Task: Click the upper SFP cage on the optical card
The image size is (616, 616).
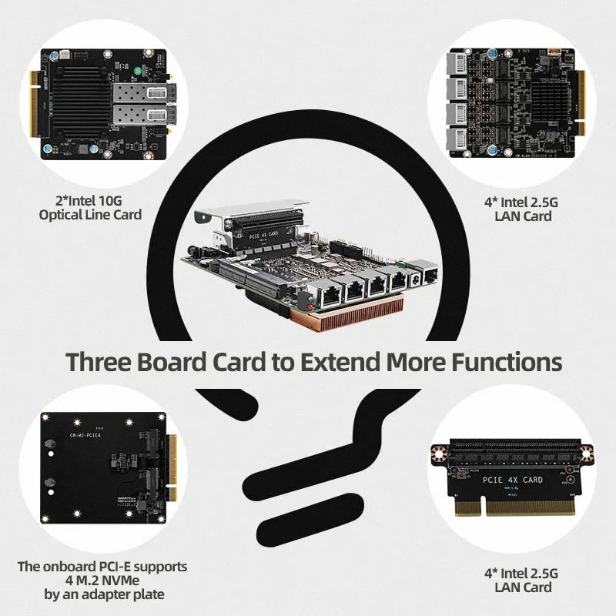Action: pos(140,95)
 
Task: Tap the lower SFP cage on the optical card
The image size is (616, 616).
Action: pos(140,118)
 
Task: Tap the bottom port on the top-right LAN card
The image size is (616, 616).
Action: pos(463,140)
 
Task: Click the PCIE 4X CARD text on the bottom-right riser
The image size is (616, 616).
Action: pos(512,480)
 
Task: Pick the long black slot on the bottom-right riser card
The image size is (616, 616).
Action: pos(512,446)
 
